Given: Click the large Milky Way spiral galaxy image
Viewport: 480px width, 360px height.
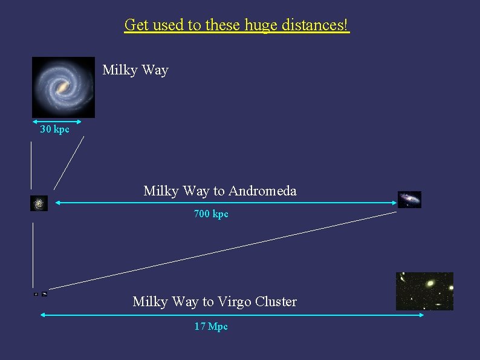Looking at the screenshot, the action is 63,87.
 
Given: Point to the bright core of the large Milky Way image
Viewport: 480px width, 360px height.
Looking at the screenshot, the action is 63,89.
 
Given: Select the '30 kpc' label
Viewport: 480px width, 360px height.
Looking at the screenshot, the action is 54,129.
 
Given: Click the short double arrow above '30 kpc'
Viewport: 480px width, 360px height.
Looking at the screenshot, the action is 56,122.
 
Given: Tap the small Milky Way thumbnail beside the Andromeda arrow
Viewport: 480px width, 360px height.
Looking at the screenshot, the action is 39,203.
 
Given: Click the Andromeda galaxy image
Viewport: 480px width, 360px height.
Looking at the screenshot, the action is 409,199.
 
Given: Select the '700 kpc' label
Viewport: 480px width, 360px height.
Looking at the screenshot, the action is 211,214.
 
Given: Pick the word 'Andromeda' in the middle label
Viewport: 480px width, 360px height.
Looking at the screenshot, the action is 264,191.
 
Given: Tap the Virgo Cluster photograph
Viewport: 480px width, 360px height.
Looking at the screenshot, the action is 424,291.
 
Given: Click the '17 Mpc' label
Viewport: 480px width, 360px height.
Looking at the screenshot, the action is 211,327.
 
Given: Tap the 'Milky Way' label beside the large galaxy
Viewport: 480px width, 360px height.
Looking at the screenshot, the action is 135,70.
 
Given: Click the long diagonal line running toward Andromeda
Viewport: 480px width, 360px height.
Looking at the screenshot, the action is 224,249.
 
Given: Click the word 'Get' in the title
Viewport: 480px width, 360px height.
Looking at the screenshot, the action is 136,25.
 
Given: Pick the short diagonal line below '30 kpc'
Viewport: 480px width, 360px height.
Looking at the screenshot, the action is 68,163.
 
